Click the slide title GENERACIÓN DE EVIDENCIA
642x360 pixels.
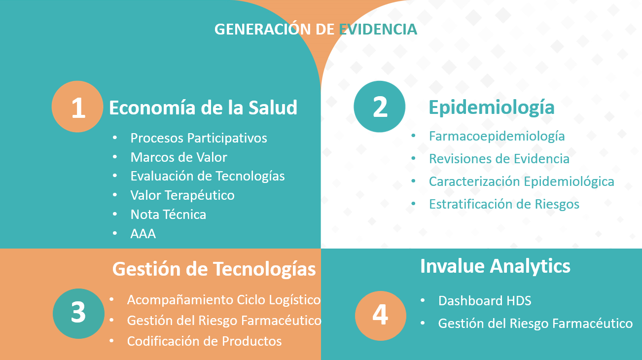[316, 29]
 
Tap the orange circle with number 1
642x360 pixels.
[77, 107]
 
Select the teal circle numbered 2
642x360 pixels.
[380, 107]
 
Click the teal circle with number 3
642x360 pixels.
[78, 314]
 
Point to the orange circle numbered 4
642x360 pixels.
[381, 316]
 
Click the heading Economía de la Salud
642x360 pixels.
[203, 108]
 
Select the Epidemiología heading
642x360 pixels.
[492, 108]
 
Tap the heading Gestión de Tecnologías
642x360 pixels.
[214, 269]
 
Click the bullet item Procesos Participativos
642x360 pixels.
[199, 138]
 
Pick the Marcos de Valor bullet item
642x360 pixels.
[179, 157]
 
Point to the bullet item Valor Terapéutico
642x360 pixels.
[182, 195]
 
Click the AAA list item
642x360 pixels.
[143, 234]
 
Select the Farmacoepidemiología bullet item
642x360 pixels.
[497, 136]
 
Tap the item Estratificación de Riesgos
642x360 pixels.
[504, 204]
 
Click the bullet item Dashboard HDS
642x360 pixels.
[485, 301]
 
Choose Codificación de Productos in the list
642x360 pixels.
[204, 341]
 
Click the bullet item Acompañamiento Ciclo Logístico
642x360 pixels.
[224, 300]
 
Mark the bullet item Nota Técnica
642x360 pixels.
[168, 215]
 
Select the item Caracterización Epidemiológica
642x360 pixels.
[522, 181]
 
